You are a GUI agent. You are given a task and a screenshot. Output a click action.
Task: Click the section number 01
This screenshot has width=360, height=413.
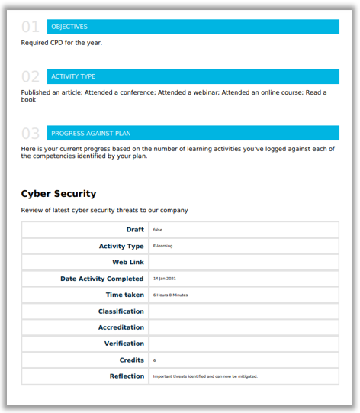[x=31, y=27]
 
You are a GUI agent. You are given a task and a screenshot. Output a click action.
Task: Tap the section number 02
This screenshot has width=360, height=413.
[x=31, y=76]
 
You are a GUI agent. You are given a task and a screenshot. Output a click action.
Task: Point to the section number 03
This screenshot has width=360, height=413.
[x=31, y=133]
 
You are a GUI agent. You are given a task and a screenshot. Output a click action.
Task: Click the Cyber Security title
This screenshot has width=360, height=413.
[x=59, y=194]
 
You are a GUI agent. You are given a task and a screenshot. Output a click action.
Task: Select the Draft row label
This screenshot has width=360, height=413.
[x=135, y=230]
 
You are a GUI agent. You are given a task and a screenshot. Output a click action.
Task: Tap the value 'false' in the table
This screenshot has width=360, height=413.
[x=158, y=230]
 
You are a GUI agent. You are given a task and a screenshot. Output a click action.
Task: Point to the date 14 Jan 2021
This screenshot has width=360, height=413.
[x=165, y=279]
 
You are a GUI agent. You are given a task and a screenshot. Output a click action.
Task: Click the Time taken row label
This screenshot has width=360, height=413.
[x=124, y=295]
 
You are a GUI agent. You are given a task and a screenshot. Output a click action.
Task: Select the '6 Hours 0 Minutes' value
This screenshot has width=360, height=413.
[x=170, y=295]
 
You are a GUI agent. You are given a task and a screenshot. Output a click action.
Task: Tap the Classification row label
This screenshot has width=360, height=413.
[x=121, y=311]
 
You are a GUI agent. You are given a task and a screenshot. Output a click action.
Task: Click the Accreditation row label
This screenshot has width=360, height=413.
[x=121, y=327]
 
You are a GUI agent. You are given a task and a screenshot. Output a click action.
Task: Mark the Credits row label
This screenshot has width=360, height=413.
[x=131, y=360]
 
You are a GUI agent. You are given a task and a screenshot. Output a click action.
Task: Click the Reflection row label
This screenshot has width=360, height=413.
[x=127, y=376]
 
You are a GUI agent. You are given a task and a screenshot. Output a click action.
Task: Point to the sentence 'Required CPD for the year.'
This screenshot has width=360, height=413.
[x=61, y=43]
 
